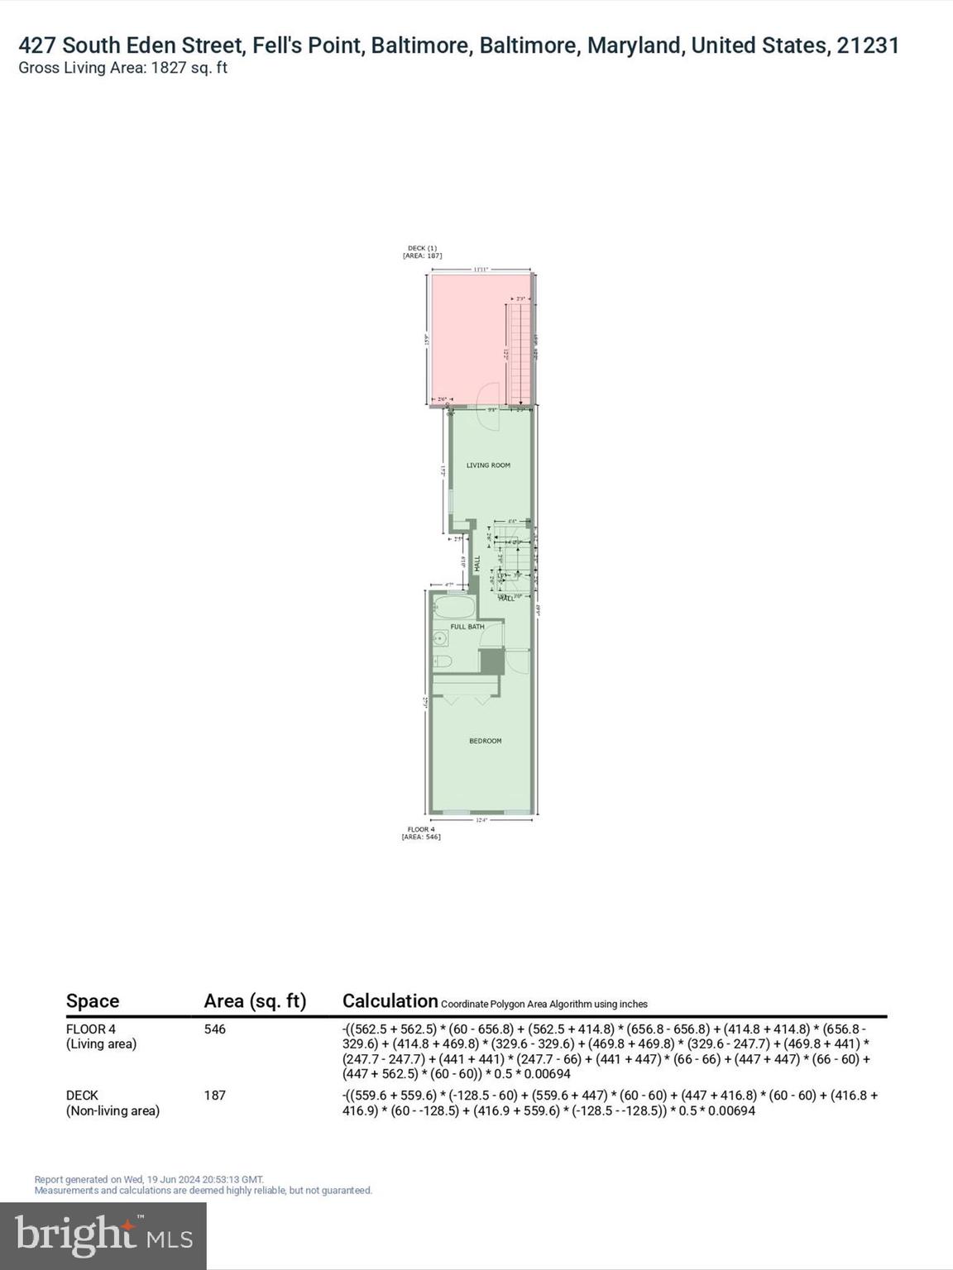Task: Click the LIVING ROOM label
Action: tap(488, 466)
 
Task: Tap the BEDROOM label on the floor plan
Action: tap(485, 741)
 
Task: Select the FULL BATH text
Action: tap(467, 627)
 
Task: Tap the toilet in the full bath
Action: tap(442, 661)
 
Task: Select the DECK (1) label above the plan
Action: tap(422, 251)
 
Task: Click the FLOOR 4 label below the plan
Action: tap(421, 833)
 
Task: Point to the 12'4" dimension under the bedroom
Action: tap(482, 820)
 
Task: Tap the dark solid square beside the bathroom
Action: tap(491, 661)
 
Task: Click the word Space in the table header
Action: tap(93, 1001)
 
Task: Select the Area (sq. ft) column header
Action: tap(255, 1001)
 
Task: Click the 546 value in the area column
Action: tap(215, 1029)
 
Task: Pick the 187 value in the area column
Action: tap(215, 1096)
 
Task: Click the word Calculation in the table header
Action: tap(390, 1001)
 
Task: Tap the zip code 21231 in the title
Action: tap(868, 45)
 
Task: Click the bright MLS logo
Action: tap(103, 1236)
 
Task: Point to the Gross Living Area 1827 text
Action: tap(122, 69)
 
